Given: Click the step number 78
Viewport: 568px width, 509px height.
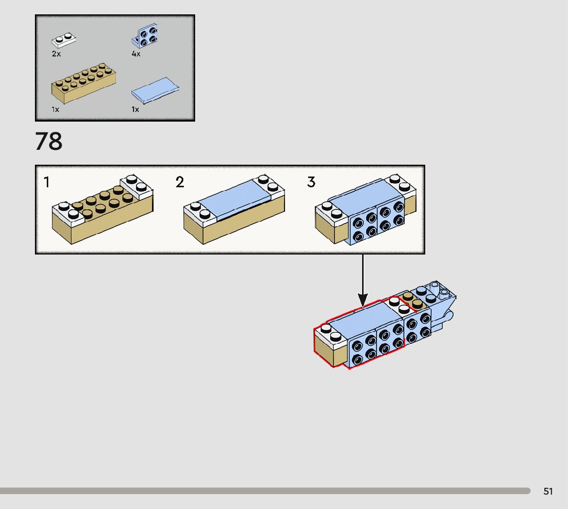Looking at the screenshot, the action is pyautogui.click(x=49, y=141).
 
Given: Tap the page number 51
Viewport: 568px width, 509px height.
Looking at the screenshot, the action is pyautogui.click(x=548, y=492).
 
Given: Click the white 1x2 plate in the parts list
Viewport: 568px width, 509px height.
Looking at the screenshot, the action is pyautogui.click(x=64, y=41).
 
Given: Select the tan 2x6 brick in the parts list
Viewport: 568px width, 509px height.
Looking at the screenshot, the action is pyautogui.click(x=83, y=83).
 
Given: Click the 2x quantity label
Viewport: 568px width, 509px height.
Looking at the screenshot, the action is pyautogui.click(x=56, y=54).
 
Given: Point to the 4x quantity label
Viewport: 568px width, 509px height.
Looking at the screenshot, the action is pyautogui.click(x=136, y=54).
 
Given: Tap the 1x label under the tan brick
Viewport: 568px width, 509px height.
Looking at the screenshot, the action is pyautogui.click(x=55, y=109).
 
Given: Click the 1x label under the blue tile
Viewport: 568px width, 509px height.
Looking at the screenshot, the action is pyautogui.click(x=135, y=109).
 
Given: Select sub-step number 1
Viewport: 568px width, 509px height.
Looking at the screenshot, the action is pyautogui.click(x=47, y=182).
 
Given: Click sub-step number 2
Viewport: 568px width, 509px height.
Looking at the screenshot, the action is pyautogui.click(x=180, y=182).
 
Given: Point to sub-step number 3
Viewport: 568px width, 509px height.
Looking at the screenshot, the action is pyautogui.click(x=311, y=182).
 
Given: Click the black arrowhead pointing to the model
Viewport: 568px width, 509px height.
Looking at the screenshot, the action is pyautogui.click(x=363, y=299).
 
